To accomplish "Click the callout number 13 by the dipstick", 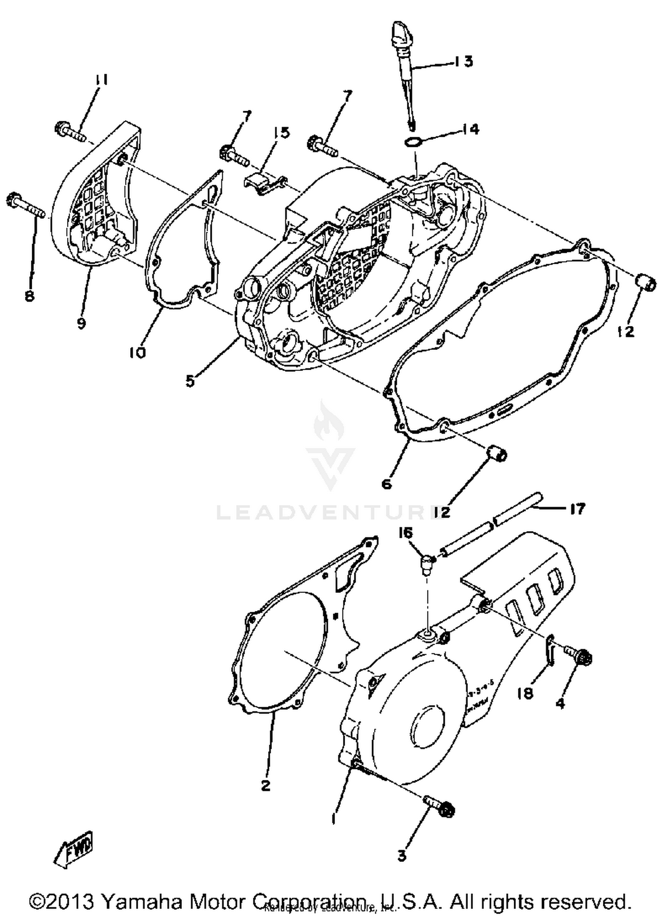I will point(463,61).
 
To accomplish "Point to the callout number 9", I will point(81,323).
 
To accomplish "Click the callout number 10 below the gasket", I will point(138,352).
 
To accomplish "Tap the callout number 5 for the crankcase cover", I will point(190,380).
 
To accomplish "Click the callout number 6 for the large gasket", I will point(387,484).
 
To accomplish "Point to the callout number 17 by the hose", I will point(577,509).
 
